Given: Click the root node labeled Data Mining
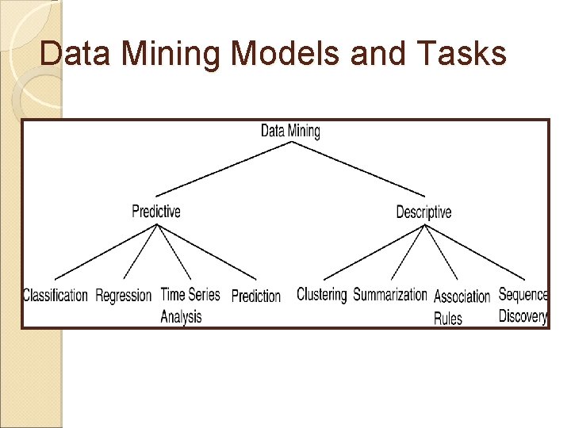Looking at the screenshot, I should click(x=290, y=131).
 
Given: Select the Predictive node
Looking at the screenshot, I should click(x=156, y=211).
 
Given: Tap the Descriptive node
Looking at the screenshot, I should click(x=423, y=212).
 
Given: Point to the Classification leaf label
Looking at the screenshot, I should click(x=56, y=296).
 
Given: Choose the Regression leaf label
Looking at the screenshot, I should click(x=123, y=296).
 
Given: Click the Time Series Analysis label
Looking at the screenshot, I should click(x=190, y=305).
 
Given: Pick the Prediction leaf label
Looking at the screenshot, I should click(x=255, y=296).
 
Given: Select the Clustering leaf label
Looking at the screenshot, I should click(x=321, y=294).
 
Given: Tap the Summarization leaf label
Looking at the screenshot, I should click(x=389, y=295).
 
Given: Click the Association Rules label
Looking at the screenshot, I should click(x=462, y=307).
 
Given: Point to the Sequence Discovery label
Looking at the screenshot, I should click(x=523, y=304).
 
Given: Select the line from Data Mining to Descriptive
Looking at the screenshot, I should click(x=358, y=168).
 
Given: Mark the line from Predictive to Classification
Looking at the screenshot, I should click(x=105, y=251).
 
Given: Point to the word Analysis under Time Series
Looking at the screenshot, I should click(x=181, y=316).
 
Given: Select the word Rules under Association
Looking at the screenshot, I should click(x=448, y=318).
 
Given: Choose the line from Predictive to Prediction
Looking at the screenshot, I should click(x=208, y=252).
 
